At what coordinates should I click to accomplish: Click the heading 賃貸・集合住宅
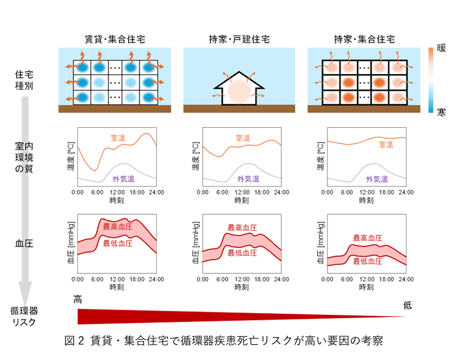point(115,40)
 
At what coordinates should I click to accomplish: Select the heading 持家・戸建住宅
point(239,40)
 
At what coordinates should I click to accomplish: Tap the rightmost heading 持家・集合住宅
point(364,40)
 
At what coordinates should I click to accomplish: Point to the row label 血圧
point(24,244)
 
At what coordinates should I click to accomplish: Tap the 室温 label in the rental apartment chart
point(119,137)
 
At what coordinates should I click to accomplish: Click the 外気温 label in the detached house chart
point(248,179)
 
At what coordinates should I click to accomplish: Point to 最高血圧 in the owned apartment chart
point(367,238)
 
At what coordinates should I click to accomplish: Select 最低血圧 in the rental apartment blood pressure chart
point(117,244)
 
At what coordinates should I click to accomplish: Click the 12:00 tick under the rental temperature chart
point(117,192)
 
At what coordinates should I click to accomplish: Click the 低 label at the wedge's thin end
point(407,306)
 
